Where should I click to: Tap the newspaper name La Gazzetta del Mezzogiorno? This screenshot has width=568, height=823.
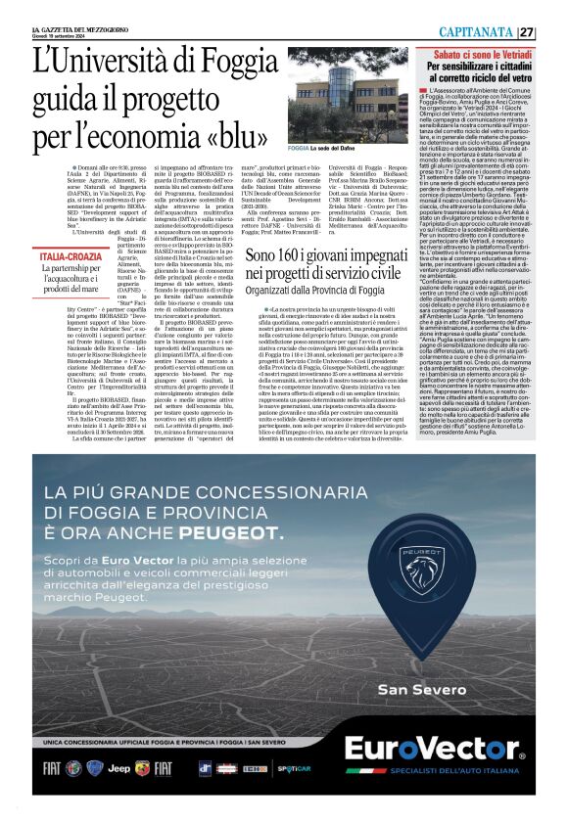pyautogui.click(x=71, y=29)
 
